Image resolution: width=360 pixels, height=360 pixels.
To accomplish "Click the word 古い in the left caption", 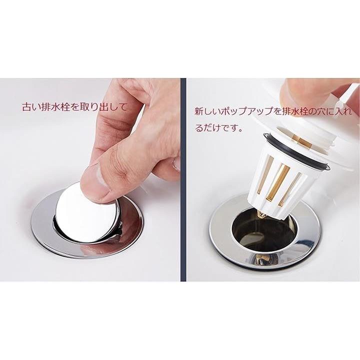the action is [x=29, y=107].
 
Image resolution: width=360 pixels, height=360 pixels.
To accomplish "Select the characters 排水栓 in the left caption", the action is [x=54, y=107].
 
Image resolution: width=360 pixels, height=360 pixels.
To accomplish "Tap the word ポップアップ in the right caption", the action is [x=245, y=111].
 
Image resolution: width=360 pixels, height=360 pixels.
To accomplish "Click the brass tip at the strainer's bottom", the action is [x=262, y=215].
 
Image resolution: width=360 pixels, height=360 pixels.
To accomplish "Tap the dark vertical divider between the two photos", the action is [x=183, y=179].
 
